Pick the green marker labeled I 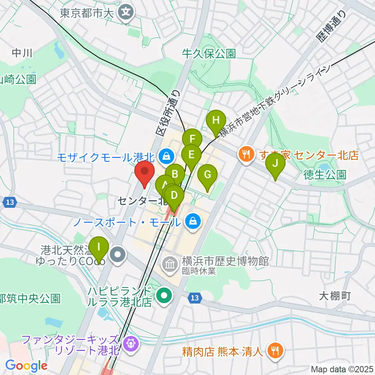click(x=98, y=248)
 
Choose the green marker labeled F click(x=192, y=139)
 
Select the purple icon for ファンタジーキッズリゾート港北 click(x=129, y=343)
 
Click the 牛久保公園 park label click(x=209, y=54)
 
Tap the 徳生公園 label click(x=325, y=174)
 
